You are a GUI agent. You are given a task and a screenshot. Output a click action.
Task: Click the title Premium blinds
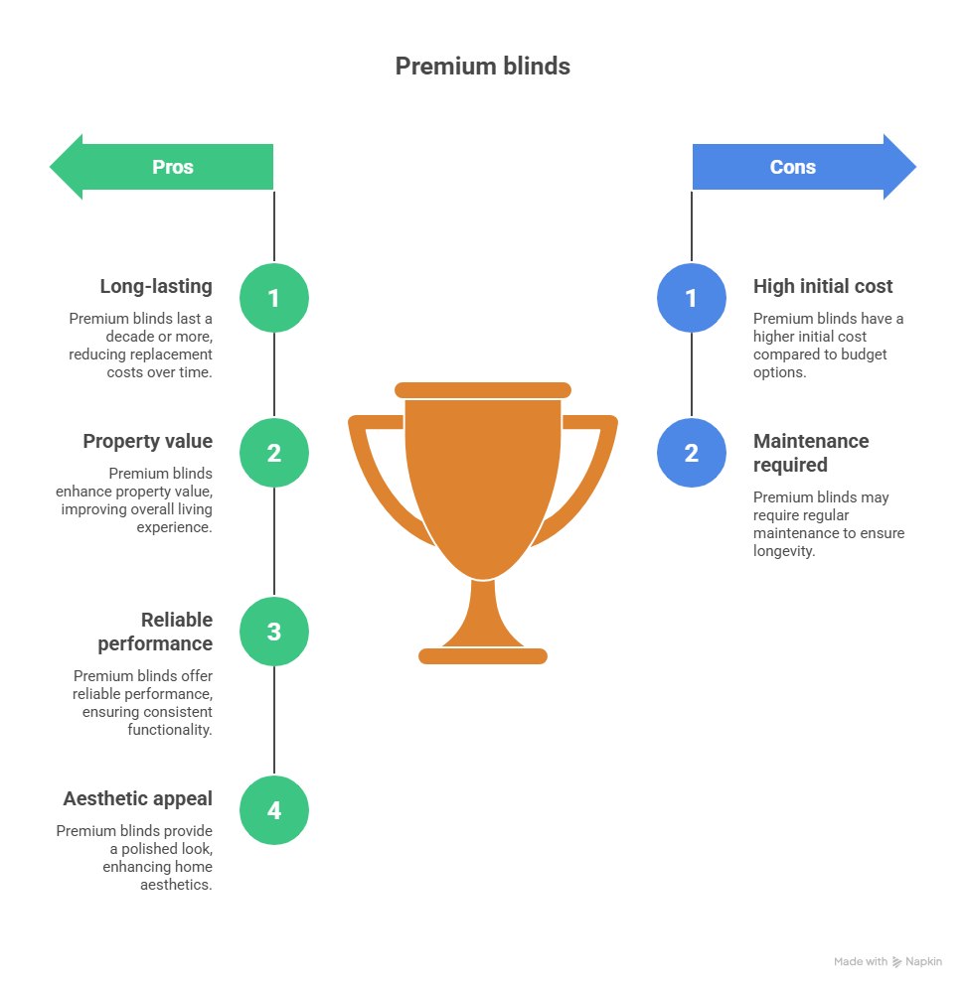coord(482,67)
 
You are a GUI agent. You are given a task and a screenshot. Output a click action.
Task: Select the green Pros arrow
coord(162,167)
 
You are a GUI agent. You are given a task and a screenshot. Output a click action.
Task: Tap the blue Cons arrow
coord(803,167)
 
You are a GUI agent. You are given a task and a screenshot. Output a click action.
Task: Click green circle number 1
coord(274,298)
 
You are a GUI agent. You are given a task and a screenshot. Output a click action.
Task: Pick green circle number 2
coord(274,453)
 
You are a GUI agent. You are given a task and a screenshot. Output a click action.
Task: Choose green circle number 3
coord(274,632)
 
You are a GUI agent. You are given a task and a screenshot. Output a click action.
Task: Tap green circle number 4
coord(274,810)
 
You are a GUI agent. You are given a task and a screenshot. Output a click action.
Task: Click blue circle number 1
coord(692,298)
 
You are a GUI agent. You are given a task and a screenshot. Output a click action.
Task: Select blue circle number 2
coord(692,453)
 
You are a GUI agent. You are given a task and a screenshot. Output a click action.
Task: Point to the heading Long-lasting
coord(156,287)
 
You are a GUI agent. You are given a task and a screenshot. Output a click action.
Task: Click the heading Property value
coord(147,442)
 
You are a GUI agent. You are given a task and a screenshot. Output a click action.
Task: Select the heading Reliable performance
coord(156,632)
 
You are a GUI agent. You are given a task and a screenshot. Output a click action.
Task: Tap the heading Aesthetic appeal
coord(137,799)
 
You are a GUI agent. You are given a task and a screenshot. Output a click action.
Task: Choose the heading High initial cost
coord(823,287)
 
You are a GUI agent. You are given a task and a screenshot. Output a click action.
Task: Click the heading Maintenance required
coord(810,453)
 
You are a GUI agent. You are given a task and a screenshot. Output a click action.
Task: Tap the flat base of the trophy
coord(483,655)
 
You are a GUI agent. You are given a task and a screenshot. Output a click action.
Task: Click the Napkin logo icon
coord(896,962)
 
